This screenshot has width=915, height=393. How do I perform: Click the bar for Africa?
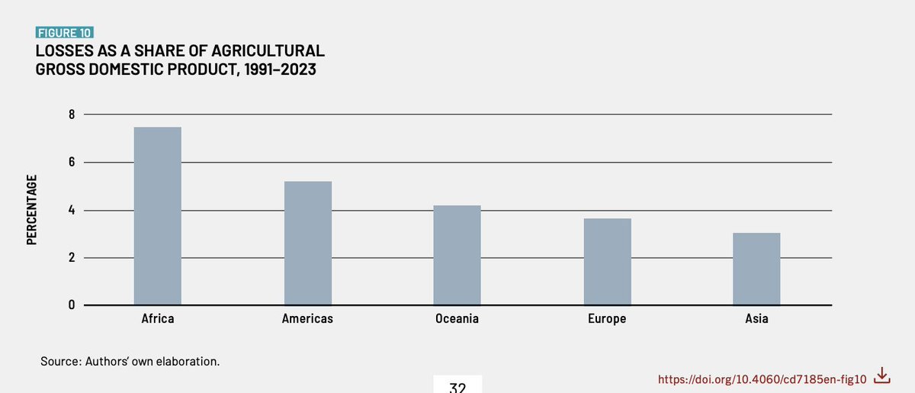pyautogui.click(x=158, y=216)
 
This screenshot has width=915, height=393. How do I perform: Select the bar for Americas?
pyautogui.click(x=307, y=243)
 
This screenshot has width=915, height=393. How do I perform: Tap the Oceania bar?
pyautogui.click(x=457, y=255)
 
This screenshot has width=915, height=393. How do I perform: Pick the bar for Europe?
pyautogui.click(x=607, y=262)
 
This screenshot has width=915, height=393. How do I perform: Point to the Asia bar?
pyautogui.click(x=756, y=269)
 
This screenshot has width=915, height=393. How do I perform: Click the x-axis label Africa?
pyautogui.click(x=158, y=319)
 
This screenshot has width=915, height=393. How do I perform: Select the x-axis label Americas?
pyautogui.click(x=307, y=319)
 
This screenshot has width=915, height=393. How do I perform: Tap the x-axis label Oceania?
pyautogui.click(x=457, y=319)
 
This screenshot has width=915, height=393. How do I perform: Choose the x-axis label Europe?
pyautogui.click(x=607, y=319)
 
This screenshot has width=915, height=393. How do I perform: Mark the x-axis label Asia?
pyautogui.click(x=756, y=319)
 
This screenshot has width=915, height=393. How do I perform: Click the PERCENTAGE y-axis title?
pyautogui.click(x=32, y=210)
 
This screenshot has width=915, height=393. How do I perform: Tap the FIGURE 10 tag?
pyautogui.click(x=64, y=33)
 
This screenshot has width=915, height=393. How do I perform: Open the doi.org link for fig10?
pyautogui.click(x=762, y=379)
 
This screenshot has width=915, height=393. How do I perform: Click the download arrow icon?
pyautogui.click(x=881, y=375)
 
